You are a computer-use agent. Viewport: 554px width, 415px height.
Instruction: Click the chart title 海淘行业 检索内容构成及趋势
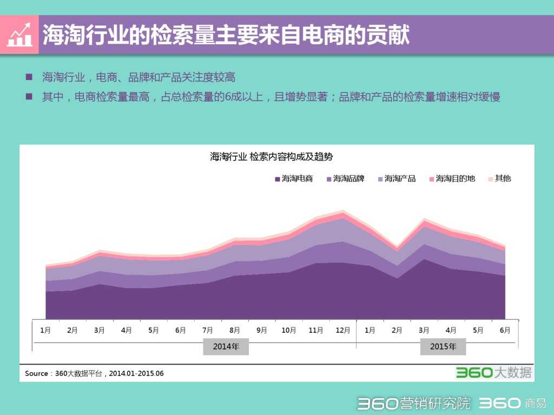(x=272, y=157)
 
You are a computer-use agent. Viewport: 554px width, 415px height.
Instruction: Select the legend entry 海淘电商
(x=294, y=179)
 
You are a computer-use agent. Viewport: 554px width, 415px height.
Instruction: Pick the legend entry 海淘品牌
(x=345, y=179)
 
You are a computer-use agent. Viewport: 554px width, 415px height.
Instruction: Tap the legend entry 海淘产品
(x=397, y=179)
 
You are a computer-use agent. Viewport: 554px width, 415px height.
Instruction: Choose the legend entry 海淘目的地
(x=452, y=179)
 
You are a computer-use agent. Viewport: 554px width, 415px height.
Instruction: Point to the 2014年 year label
(x=226, y=347)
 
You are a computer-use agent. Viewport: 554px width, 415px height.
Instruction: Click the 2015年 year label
(x=443, y=347)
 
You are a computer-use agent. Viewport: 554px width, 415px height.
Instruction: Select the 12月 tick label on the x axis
(x=343, y=330)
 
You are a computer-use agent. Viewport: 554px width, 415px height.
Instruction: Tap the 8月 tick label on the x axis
(x=235, y=330)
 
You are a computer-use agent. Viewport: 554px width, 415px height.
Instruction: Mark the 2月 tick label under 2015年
(x=397, y=330)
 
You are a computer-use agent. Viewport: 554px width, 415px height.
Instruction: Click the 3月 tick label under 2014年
(x=100, y=330)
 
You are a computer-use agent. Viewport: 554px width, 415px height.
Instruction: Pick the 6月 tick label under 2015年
(x=505, y=330)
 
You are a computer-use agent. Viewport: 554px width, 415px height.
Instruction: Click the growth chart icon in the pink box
(x=19, y=35)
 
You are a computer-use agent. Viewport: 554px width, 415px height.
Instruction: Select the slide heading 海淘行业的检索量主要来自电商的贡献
(x=226, y=35)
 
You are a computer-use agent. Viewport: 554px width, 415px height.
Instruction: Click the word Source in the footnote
(x=36, y=373)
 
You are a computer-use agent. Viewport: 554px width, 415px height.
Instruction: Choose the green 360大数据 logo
(x=493, y=372)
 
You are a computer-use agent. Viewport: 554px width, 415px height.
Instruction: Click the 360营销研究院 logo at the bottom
(x=414, y=403)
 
